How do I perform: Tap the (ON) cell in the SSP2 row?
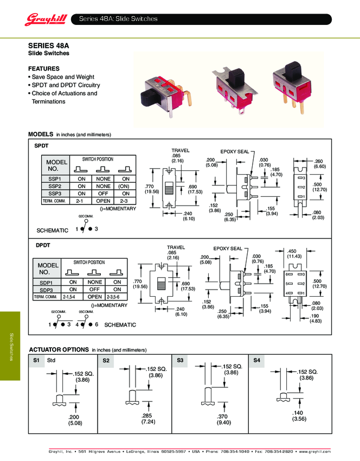(x=126, y=186)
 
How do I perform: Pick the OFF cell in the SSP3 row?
(x=104, y=193)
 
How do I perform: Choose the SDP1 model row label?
(x=47, y=282)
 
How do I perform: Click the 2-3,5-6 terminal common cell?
(x=117, y=297)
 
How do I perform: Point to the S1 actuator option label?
(x=36, y=360)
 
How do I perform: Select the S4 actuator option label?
(x=257, y=360)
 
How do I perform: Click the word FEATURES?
(x=43, y=69)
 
